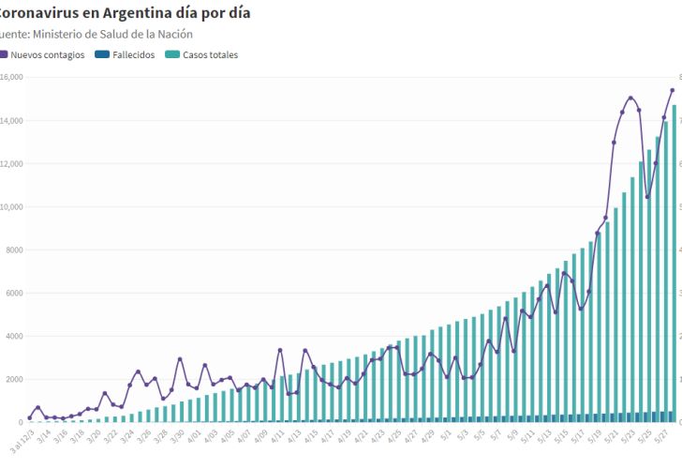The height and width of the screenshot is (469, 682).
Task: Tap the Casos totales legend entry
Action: point(210,54)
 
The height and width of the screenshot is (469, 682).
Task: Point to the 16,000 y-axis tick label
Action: point(10,77)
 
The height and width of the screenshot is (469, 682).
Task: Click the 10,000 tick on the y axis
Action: point(10,206)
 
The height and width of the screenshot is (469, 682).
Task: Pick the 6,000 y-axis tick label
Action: point(10,293)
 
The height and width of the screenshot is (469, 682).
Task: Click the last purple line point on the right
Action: point(673,90)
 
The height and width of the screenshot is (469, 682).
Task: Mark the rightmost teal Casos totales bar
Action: point(674,263)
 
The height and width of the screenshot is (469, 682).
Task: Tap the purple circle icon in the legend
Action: point(5,54)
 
